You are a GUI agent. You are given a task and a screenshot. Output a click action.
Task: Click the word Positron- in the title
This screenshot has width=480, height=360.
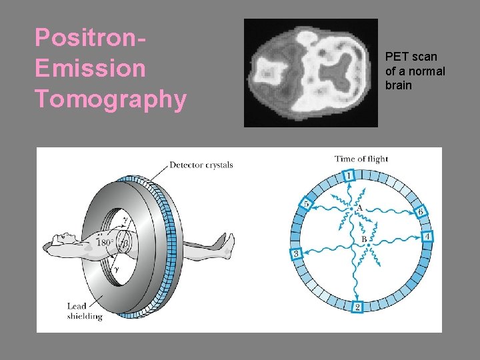click(x=91, y=38)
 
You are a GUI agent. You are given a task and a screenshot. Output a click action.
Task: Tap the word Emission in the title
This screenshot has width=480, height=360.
click(x=90, y=68)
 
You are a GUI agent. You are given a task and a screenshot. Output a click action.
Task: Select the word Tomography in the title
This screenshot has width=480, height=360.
click(x=111, y=99)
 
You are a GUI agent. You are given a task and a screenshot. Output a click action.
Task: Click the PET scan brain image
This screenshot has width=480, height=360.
click(x=311, y=73)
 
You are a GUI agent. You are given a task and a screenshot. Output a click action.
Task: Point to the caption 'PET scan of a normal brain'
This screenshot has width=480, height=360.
click(x=415, y=71)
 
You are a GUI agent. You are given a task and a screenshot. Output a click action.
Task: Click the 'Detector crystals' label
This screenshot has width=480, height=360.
click(x=201, y=165)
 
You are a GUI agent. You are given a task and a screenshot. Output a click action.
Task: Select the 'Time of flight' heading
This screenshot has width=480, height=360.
click(x=361, y=159)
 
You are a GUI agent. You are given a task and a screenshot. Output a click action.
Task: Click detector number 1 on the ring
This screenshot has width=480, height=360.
click(x=349, y=175)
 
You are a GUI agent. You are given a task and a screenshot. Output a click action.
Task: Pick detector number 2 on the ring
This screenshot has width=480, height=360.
click(x=357, y=307)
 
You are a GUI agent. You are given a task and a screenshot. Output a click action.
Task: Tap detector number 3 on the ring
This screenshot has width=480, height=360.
click(x=297, y=253)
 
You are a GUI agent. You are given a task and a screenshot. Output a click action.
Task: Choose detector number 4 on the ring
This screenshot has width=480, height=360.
click(x=427, y=236)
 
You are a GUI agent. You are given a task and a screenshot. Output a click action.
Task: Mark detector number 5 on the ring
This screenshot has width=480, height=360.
click(x=307, y=203)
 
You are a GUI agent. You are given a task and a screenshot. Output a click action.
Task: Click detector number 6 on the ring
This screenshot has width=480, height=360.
click(x=421, y=211)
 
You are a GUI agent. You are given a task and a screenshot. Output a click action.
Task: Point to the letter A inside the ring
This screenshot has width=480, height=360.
click(x=360, y=209)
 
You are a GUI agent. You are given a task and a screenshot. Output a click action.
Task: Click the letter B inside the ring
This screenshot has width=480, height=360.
click(x=363, y=239)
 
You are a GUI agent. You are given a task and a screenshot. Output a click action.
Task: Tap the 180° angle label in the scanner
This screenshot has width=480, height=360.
click(x=105, y=243)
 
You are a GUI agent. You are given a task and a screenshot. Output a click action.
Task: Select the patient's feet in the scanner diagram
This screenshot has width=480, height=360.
click(x=227, y=249)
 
